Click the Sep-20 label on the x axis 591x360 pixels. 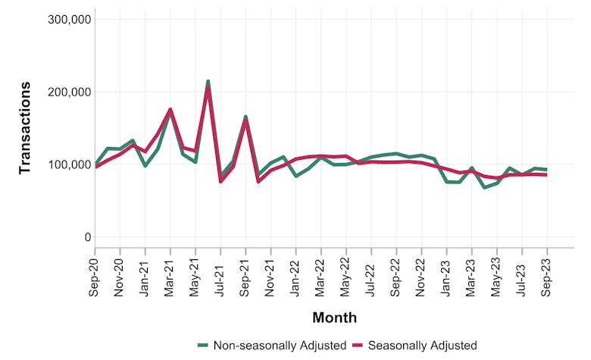pos(95,278)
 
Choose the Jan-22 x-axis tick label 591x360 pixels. pos(295,278)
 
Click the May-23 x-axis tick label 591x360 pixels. pos(496,278)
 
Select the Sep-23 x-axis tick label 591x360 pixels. pos(547,278)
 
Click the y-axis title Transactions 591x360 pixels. pos(25,128)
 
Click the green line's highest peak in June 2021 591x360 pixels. pos(208,81)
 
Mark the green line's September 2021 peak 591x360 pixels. pos(245,117)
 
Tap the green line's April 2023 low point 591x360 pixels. pos(484,187)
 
